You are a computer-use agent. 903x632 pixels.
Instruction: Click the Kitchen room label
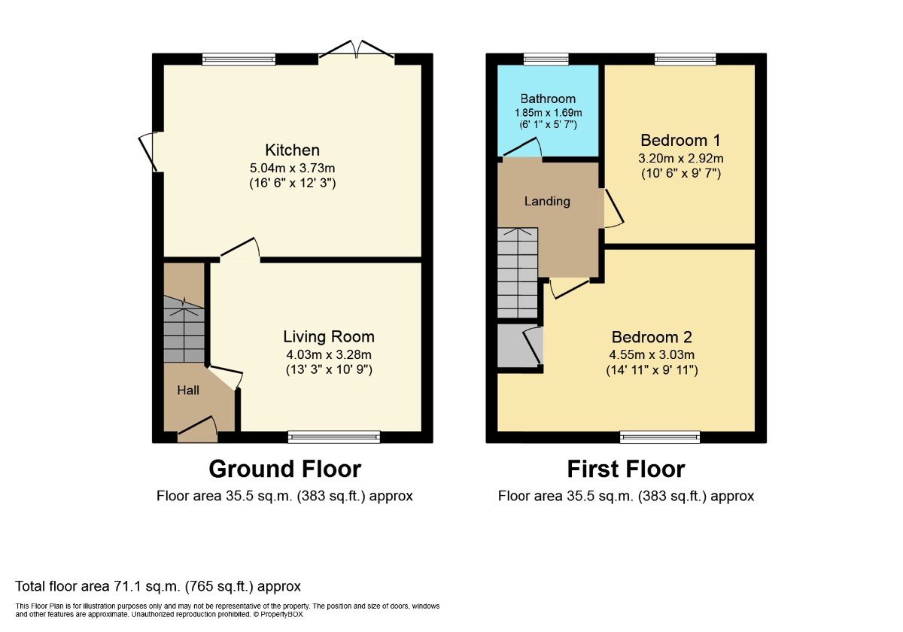point(292,150)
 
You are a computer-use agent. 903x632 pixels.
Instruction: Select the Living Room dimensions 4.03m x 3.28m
point(328,354)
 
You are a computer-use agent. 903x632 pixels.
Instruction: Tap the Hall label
point(188,390)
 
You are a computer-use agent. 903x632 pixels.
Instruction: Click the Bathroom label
point(548,99)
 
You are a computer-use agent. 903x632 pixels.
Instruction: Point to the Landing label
point(547,201)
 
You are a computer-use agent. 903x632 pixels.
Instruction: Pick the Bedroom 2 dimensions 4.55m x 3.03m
point(652,355)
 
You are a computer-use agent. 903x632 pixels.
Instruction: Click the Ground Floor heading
point(284,469)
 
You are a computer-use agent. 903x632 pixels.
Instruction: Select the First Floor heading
point(625,469)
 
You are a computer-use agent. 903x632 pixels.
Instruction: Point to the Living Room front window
point(334,436)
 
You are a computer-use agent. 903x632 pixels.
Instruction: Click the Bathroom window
point(546,59)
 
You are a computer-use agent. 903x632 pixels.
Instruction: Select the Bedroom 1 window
point(685,59)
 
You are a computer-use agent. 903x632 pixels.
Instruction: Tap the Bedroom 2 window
point(660,436)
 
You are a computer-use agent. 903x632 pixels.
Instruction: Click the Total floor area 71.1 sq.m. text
point(158,586)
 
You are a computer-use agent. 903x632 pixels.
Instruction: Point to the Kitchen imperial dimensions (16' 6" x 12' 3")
point(292,183)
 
